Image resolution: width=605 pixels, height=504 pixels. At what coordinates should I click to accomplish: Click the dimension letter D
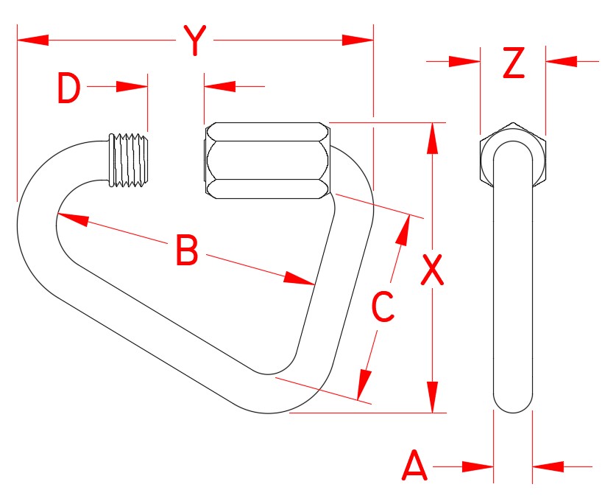68,90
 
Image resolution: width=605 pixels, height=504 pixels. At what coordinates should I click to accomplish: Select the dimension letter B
187,251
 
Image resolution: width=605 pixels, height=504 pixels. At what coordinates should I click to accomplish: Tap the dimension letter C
383,307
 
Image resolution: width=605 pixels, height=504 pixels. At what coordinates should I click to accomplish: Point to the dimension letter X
432,270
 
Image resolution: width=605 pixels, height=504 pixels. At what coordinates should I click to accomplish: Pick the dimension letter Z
513,63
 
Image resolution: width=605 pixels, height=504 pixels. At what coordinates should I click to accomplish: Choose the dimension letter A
414,467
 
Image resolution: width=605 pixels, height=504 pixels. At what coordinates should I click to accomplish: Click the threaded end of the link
130,158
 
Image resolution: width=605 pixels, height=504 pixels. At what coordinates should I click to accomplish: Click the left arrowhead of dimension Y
32,39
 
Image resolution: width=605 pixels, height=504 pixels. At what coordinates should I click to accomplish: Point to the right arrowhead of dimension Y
358,39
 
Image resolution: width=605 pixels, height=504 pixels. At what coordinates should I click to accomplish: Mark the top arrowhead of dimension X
433,139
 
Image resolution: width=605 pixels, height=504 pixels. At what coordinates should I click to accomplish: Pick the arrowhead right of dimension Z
561,61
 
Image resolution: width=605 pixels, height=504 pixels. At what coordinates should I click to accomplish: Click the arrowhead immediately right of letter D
132,87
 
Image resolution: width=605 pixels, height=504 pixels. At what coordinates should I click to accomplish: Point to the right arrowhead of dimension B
300,279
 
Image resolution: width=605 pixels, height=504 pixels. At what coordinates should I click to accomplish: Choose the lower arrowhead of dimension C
363,386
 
